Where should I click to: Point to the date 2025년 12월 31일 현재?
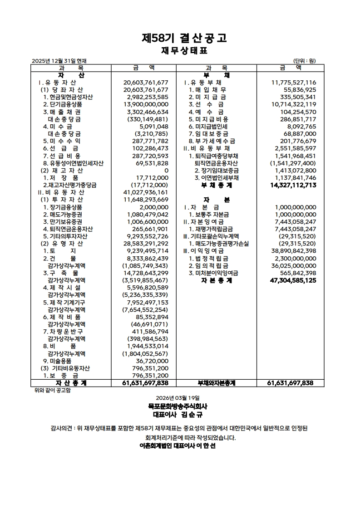59,61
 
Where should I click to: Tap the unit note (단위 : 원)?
305,61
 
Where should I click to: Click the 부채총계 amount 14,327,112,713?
293,186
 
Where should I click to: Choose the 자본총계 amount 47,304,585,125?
293,280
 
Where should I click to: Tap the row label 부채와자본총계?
217,383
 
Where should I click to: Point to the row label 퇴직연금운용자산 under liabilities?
217,163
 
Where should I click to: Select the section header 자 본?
217,200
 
